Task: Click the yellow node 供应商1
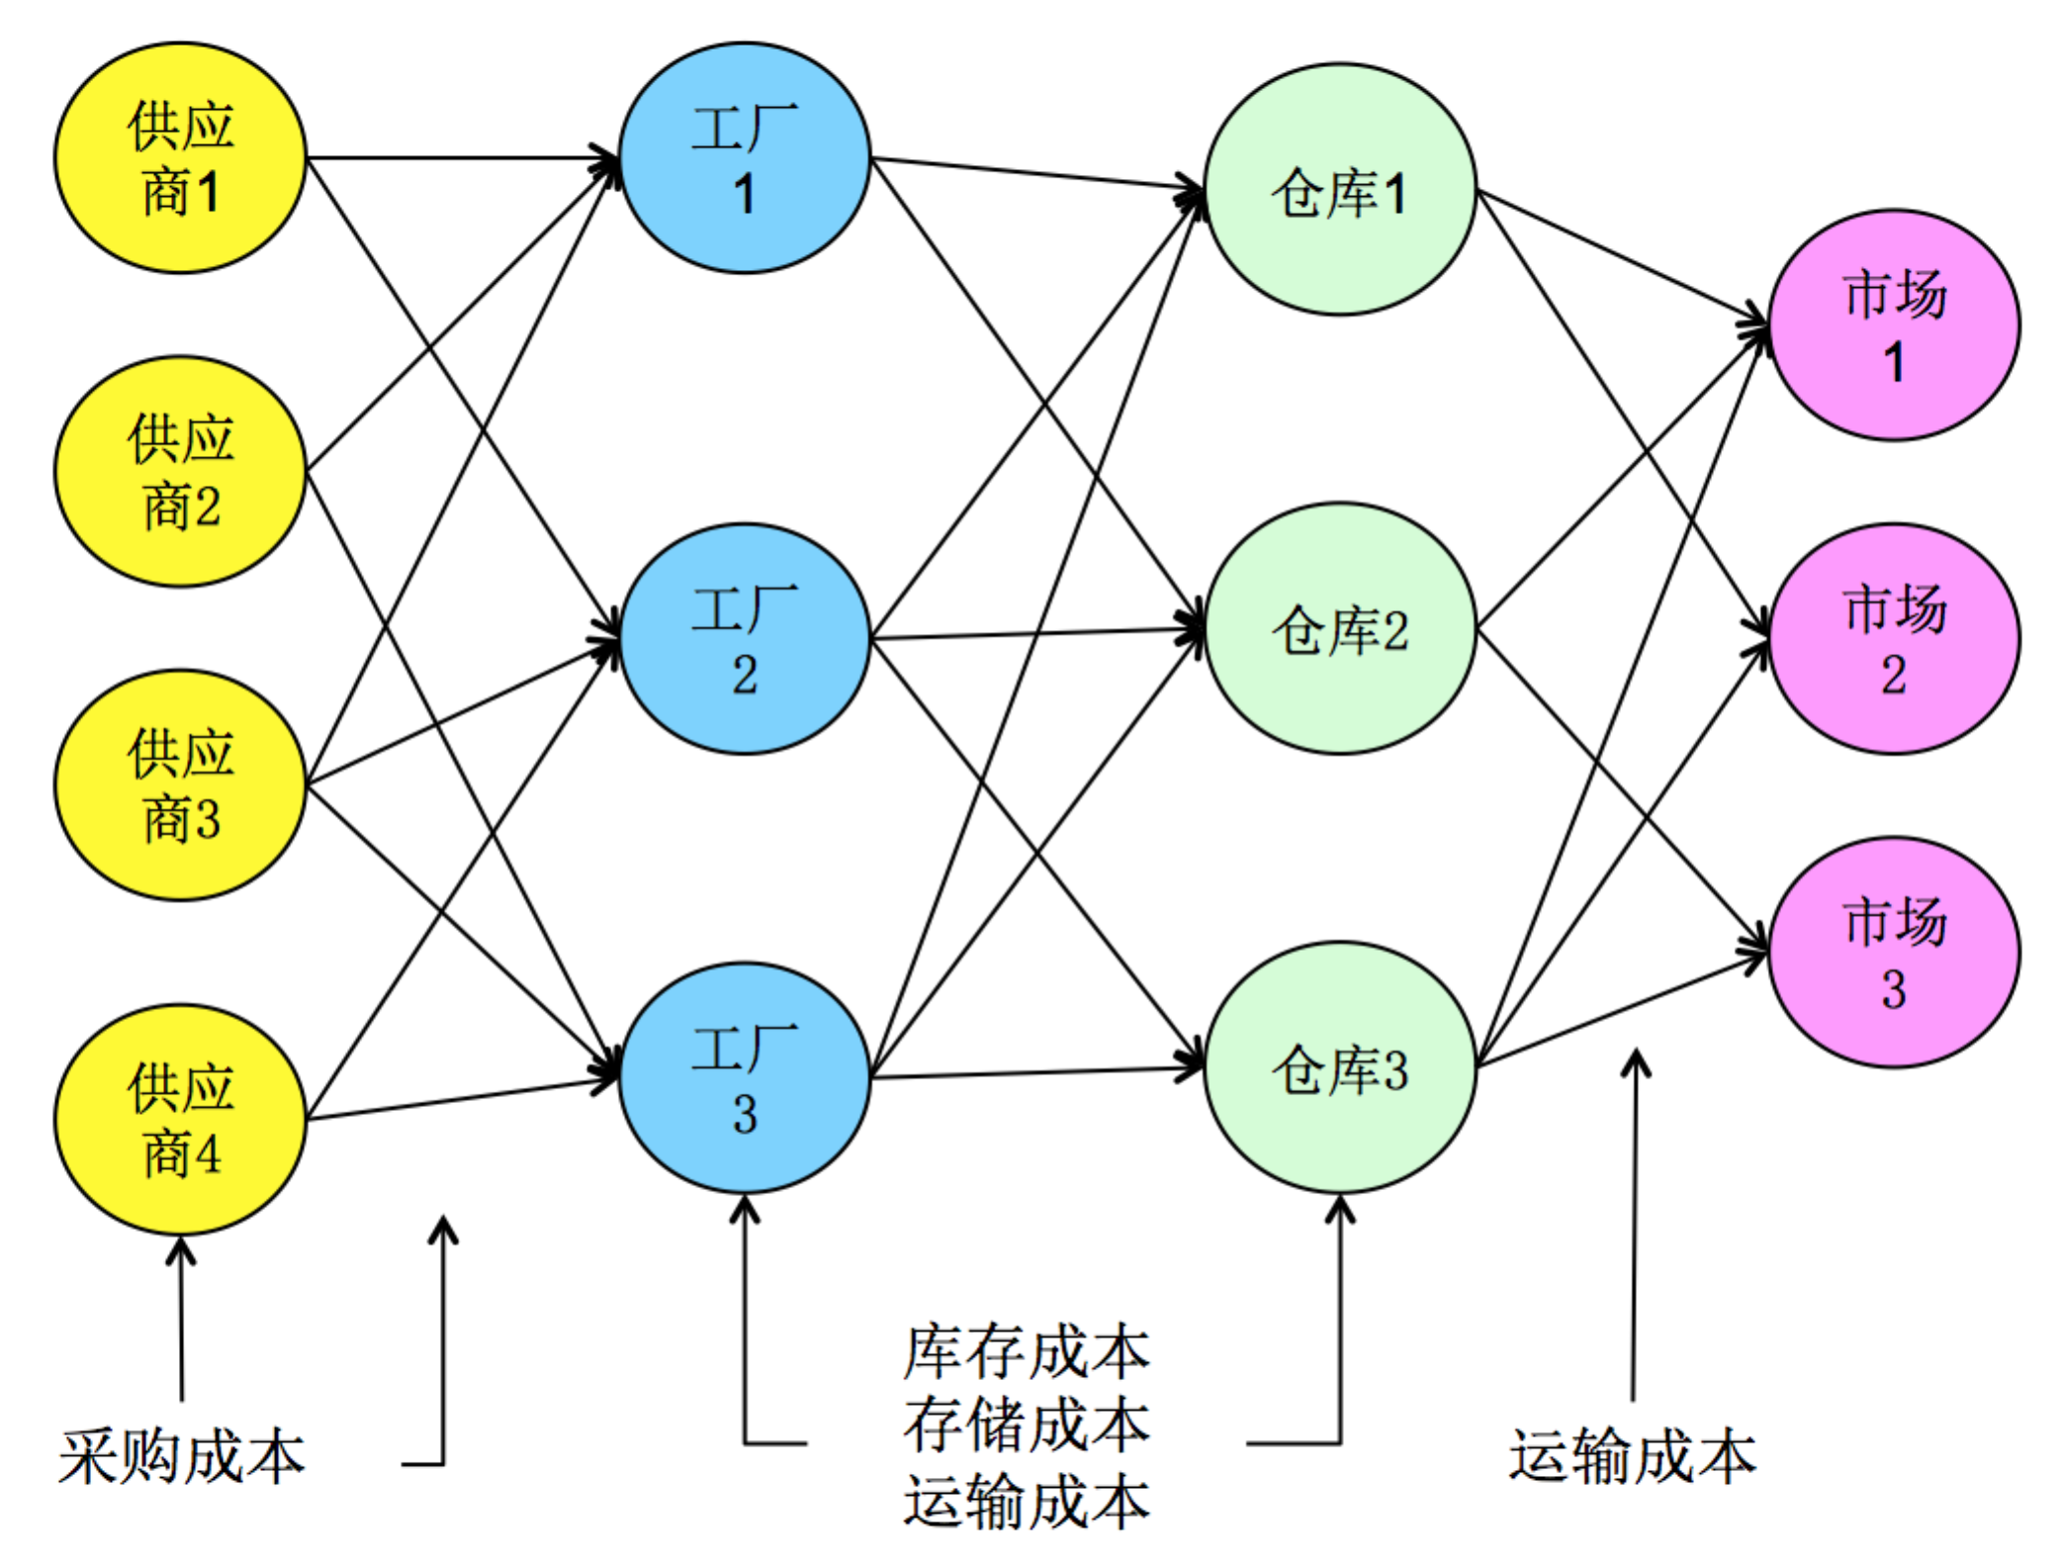point(180,157)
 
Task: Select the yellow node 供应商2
point(180,471)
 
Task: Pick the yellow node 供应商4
point(180,1119)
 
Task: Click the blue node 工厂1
point(745,157)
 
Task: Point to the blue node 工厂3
point(745,1077)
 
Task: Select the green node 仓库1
point(1340,190)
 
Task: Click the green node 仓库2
point(1340,628)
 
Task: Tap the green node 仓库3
point(1340,1067)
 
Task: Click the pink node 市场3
point(1894,952)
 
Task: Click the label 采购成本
point(182,1457)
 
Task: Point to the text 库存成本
point(1027,1352)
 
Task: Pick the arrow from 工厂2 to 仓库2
point(1038,633)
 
